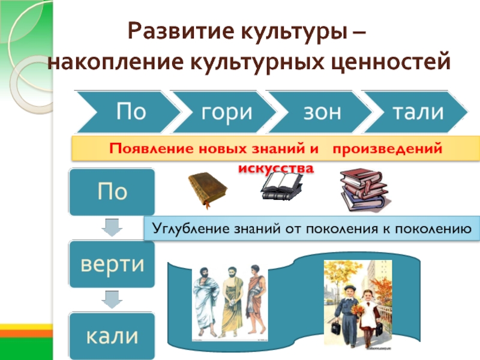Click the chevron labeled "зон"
pos(316,112)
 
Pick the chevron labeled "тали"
pos(418,112)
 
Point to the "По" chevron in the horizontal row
pos(126,112)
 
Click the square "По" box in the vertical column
pos(112,192)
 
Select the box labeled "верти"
pos(112,265)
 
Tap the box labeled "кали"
pos(112,335)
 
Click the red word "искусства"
pos(275,168)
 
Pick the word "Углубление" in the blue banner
pos(189,227)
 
